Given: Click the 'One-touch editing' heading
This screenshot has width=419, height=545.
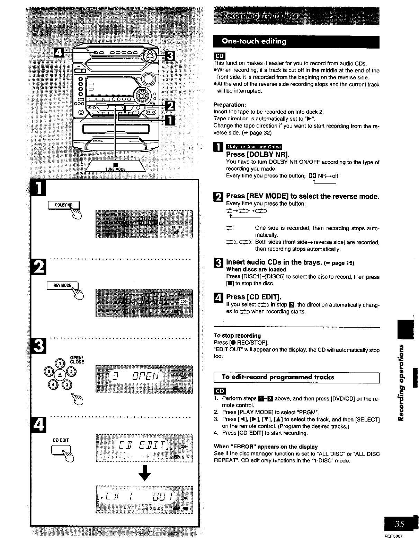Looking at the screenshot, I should coord(255,42).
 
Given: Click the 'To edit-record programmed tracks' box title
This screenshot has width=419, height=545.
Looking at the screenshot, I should coord(278,377).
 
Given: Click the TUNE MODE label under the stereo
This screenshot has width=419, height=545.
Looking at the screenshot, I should coord(116,169).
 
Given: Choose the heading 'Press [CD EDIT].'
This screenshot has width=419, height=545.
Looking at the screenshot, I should coord(253,297).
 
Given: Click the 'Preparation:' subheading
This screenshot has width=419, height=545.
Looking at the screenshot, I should coord(230,105).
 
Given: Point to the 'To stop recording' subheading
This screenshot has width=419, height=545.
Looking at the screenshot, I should coord(237,336).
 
